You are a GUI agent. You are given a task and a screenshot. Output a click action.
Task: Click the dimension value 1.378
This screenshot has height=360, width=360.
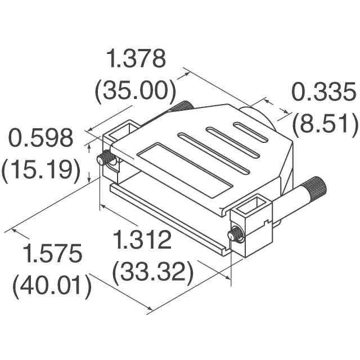pos(137,58)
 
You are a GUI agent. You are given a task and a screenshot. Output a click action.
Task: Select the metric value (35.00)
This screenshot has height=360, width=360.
pos(136,90)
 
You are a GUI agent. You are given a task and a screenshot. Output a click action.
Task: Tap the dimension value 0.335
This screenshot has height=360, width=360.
pos(324,92)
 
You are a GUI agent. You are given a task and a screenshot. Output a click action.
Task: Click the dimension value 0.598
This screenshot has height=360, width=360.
pos(40,138)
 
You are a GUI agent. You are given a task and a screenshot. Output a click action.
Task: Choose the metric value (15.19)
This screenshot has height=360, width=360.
pos(41,170)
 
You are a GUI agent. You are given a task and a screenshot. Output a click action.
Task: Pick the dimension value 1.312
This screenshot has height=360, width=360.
pos(142,240)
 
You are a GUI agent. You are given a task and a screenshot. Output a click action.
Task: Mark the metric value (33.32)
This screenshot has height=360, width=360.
pos(152,272)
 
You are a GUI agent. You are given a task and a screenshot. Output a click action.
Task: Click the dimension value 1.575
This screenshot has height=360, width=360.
pos(52,254)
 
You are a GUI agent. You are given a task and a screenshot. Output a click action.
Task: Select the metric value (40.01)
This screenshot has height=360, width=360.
pos(52,286)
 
